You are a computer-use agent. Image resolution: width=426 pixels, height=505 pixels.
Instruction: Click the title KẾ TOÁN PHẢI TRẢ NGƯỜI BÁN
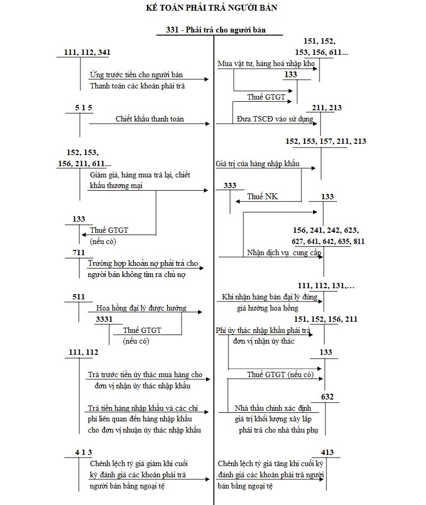(x=211, y=7)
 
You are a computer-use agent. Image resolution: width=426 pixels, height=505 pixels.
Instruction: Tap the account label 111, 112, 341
(x=87, y=52)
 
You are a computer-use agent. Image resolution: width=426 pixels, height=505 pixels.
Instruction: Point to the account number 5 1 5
(x=84, y=108)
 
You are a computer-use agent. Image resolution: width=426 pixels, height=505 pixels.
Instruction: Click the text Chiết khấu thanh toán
(x=150, y=119)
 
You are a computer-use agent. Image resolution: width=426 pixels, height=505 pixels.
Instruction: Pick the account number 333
(x=230, y=185)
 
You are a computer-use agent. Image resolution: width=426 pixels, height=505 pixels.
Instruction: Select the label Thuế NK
(x=263, y=197)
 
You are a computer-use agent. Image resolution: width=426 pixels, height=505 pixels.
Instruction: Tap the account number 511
(x=78, y=297)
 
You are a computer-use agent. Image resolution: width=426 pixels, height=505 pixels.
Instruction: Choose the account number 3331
(x=104, y=319)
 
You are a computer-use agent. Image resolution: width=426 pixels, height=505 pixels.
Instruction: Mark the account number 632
(x=327, y=396)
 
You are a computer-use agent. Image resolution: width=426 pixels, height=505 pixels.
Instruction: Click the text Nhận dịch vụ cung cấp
(x=284, y=252)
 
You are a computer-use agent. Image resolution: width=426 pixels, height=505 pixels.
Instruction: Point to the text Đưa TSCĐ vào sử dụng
(x=275, y=119)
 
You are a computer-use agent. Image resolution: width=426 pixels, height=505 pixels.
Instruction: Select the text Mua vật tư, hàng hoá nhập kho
(x=266, y=64)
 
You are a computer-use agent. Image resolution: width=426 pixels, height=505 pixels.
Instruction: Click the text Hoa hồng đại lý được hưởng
(x=141, y=308)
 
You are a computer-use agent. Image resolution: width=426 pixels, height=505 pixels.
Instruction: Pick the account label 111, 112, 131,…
(x=326, y=286)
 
